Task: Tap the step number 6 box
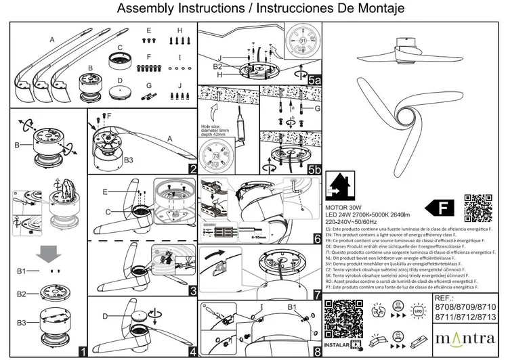click(316, 239)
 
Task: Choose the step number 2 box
click(193, 169)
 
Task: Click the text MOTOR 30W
click(345, 208)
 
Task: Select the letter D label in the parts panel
click(119, 79)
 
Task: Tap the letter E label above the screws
click(149, 31)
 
